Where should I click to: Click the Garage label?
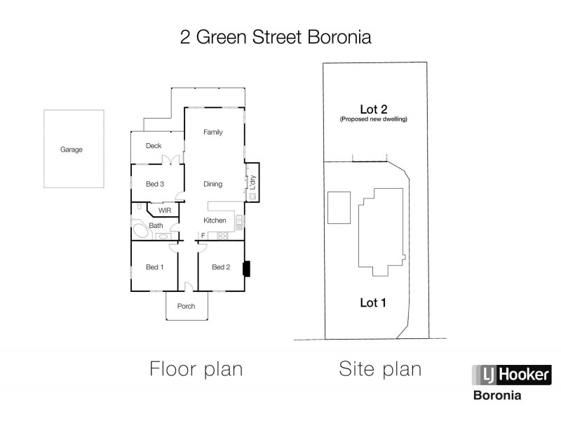(72, 149)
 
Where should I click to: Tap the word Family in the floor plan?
(212, 132)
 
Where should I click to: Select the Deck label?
(154, 146)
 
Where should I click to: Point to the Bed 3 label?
(155, 185)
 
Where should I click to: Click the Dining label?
(212, 185)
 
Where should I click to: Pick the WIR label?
(165, 210)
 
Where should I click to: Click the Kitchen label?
(215, 220)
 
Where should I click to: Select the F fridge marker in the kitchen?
(203, 235)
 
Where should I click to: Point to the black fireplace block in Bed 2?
(246, 269)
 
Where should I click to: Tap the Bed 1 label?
(154, 267)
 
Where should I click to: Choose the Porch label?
(186, 306)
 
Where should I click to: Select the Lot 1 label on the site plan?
(373, 303)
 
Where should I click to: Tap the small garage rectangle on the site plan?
(339, 206)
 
